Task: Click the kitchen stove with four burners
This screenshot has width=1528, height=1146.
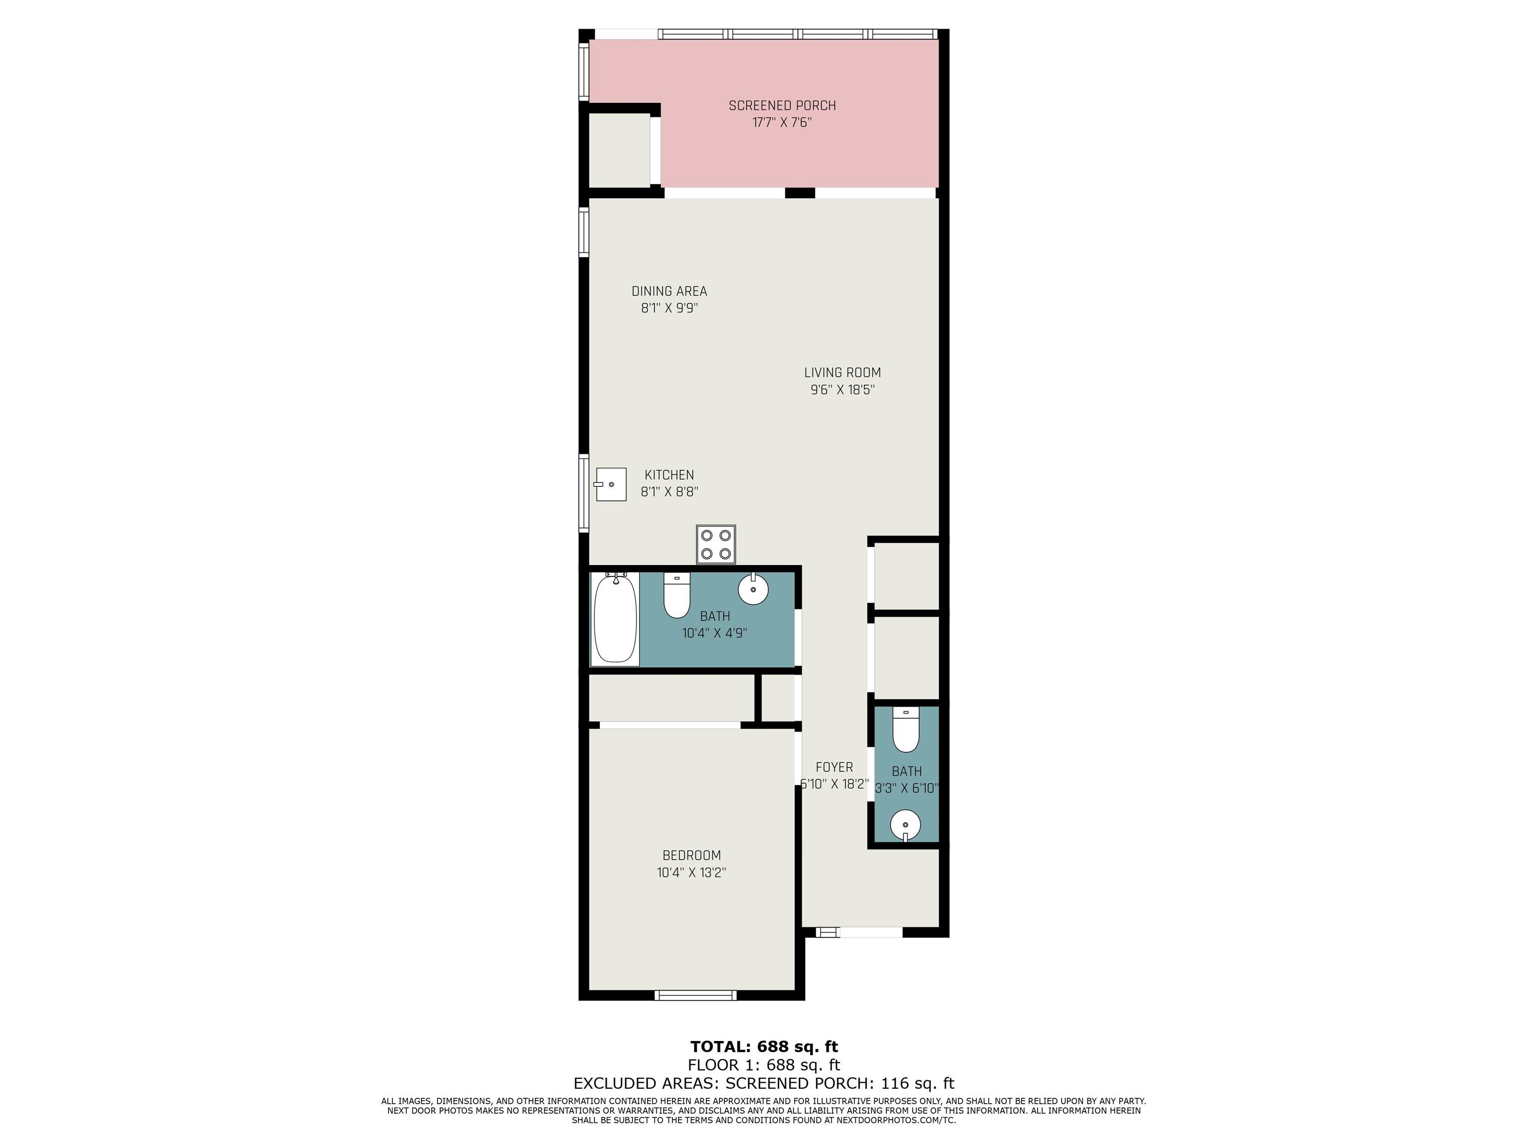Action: pyautogui.click(x=716, y=544)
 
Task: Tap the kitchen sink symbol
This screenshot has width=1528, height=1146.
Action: pyautogui.click(x=611, y=484)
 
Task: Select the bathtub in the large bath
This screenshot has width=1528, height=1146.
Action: pyautogui.click(x=615, y=619)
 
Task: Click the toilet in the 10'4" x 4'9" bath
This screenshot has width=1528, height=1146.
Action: pyautogui.click(x=677, y=595)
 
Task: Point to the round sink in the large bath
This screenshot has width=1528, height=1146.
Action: pyautogui.click(x=753, y=588)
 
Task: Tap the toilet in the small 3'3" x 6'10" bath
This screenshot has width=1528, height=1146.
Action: pyautogui.click(x=906, y=730)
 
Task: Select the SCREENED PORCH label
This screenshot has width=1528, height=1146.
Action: pyautogui.click(x=782, y=105)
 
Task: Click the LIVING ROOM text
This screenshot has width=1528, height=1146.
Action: pyautogui.click(x=842, y=373)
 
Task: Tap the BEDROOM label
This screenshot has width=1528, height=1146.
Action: pyautogui.click(x=691, y=855)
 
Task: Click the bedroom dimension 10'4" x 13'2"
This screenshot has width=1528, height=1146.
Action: pyautogui.click(x=691, y=872)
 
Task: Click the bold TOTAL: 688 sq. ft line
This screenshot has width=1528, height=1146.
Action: pyautogui.click(x=764, y=1046)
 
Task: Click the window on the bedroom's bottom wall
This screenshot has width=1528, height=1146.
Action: pyautogui.click(x=696, y=995)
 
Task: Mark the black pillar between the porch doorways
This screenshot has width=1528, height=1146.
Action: pyautogui.click(x=800, y=192)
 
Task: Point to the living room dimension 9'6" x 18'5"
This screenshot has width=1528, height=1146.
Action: pyautogui.click(x=842, y=389)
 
